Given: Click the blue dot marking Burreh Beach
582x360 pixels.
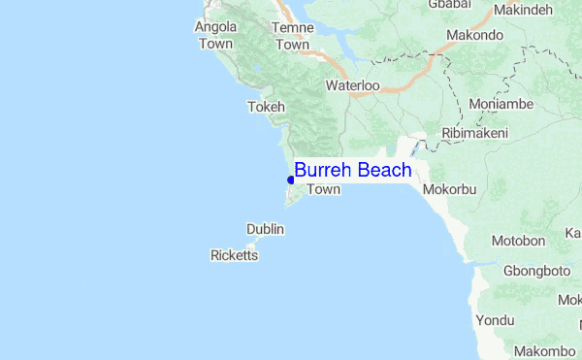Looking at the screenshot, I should pos(291,180).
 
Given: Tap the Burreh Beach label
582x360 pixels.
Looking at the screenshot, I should pos(353,171).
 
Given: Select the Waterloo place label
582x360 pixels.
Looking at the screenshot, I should pos(352,85).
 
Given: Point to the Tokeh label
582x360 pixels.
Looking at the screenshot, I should pos(267,107).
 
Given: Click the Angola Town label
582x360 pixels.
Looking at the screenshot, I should pos(215,35).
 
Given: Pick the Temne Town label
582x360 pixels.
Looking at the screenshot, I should pos(292,36).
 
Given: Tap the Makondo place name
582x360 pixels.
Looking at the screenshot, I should pos(474,35).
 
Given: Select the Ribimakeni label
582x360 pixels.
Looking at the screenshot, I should pos(474,133).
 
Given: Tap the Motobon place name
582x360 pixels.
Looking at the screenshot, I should pos(518,240).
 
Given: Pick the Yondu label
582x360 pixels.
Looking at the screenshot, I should pos(495,320).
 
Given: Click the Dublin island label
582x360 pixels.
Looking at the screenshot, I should pos(265,229).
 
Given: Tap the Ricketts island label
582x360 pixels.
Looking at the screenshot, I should pos(235,256).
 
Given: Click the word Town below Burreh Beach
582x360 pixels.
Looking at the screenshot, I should pos(324,190).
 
